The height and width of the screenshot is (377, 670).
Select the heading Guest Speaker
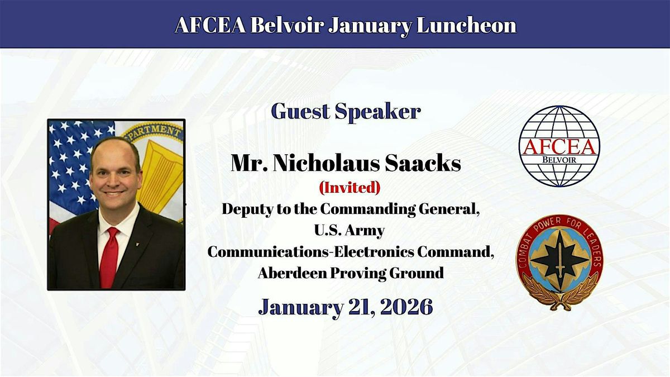(346, 112)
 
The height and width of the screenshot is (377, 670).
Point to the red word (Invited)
(350, 188)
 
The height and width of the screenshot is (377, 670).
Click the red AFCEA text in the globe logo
(559, 147)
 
